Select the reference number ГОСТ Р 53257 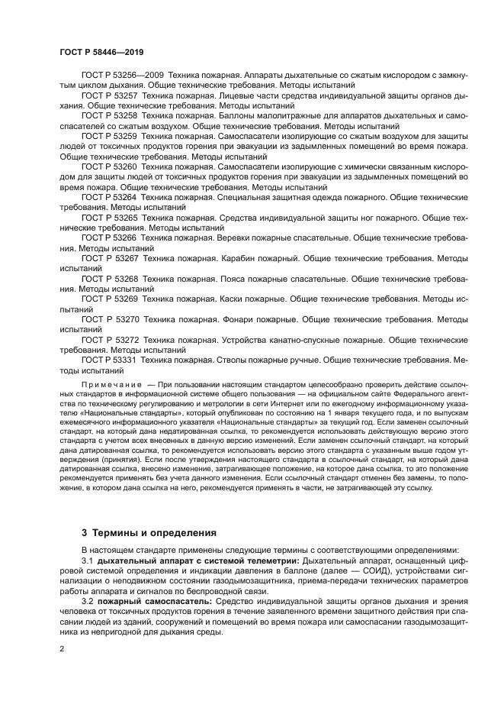[110, 98]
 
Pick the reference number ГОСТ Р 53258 [110, 118]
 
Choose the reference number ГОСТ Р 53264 [110, 197]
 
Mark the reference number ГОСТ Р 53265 [110, 218]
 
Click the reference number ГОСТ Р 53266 [110, 237]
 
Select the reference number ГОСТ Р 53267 [110, 258]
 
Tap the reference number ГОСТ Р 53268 [110, 279]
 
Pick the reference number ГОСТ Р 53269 [110, 299]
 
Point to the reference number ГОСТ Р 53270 [110, 319]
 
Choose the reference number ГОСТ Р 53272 [110, 340]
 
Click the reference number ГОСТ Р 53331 [110, 360]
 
